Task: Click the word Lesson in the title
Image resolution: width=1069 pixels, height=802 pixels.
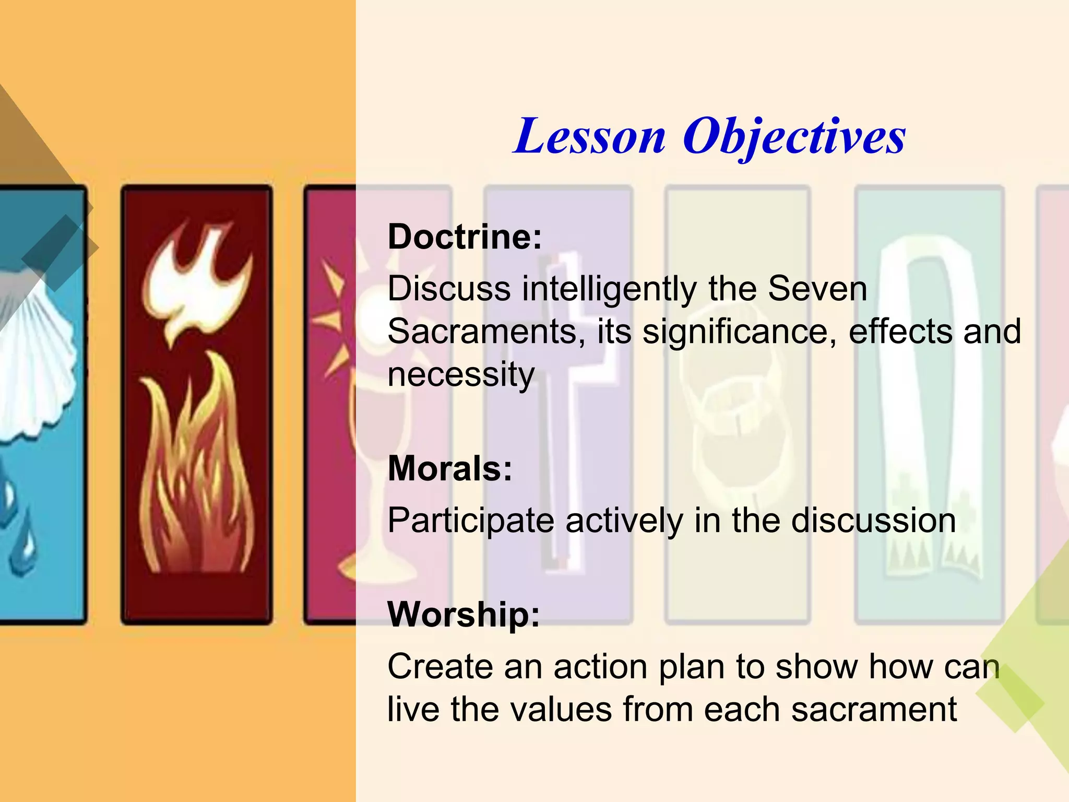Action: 590,137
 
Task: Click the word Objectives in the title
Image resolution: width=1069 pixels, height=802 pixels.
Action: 793,137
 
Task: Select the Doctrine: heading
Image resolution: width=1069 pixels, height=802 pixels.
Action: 465,237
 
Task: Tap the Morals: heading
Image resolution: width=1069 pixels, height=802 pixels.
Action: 450,468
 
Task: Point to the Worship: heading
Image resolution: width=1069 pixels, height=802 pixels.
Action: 464,615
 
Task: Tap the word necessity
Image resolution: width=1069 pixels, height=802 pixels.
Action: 461,375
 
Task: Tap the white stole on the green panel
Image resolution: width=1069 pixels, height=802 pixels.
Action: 929,407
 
